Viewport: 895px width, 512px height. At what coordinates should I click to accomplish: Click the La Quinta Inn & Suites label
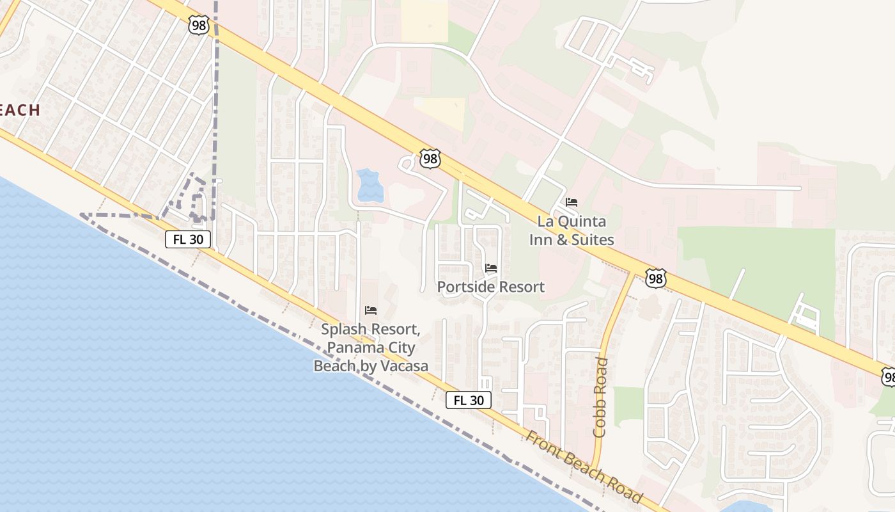572,231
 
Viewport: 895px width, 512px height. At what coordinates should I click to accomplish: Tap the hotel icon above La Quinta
572,202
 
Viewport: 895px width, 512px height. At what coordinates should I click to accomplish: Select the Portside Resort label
491,287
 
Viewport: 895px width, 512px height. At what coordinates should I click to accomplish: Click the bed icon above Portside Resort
491,268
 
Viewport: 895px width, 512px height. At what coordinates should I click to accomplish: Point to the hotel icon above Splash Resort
371,310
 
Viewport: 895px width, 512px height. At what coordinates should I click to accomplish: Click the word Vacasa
401,366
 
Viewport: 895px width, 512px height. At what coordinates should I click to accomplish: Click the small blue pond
370,186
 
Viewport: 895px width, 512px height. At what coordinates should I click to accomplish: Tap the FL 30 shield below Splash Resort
469,400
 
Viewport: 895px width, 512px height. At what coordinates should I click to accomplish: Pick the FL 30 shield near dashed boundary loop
188,239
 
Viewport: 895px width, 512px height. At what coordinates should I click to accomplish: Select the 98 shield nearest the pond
431,159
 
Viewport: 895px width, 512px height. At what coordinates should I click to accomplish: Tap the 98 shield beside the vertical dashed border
198,25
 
